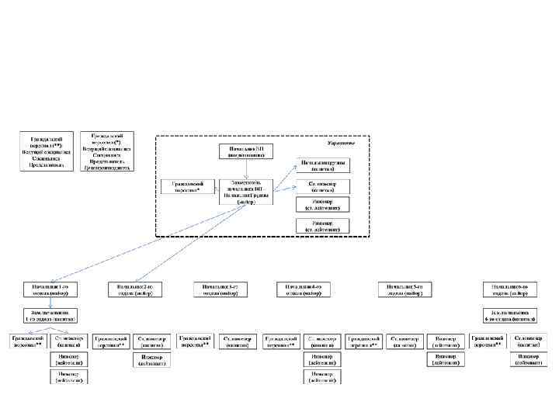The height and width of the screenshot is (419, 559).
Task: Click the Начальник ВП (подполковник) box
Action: (245, 151)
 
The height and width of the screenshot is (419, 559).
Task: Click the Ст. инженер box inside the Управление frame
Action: (323, 186)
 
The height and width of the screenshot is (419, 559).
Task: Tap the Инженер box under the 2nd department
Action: (151, 360)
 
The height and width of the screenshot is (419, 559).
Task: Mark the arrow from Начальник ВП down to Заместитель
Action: (245, 169)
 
